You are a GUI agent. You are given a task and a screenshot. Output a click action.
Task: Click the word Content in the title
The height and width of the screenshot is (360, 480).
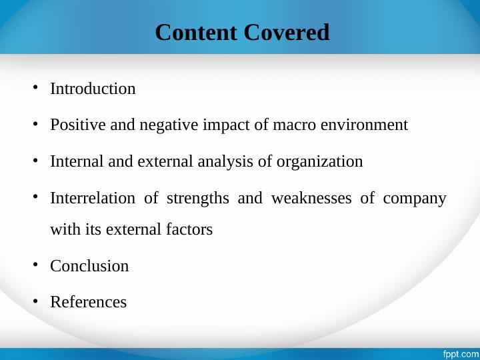196,32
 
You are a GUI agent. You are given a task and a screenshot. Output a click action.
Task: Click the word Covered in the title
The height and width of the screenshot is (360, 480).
287,32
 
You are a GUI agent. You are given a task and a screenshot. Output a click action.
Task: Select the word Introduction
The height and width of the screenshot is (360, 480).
93,89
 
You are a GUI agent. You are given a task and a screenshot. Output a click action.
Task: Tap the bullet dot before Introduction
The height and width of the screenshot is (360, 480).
35,87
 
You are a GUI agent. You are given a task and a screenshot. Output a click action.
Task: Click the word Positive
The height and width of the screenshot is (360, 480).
78,125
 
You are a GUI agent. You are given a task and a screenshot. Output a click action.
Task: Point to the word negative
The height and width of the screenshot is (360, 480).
169,125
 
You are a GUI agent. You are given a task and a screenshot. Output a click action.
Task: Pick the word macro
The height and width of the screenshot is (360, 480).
294,125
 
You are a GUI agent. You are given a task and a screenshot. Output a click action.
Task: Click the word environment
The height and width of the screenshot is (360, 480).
364,125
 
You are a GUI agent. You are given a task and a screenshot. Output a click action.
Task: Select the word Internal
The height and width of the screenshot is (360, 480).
77,161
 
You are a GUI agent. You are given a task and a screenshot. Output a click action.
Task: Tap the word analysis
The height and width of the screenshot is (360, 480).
225,161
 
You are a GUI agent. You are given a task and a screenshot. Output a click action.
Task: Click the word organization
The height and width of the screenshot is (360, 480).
319,162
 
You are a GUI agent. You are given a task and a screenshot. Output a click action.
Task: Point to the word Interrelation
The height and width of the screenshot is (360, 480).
93,198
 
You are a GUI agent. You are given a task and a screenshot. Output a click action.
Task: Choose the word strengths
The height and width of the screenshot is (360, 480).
198,199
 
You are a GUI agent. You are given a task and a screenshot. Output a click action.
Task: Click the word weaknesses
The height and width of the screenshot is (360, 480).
311,198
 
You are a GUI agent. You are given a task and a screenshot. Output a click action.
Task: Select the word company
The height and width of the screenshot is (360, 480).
415,199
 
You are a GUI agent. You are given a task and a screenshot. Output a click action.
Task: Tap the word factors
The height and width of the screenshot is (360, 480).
189,229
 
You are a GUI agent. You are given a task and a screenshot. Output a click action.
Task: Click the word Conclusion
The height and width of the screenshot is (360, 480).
89,266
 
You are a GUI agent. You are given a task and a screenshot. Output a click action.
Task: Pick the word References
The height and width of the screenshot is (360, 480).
89,302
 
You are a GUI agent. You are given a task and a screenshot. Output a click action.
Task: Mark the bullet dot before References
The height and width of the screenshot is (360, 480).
35,301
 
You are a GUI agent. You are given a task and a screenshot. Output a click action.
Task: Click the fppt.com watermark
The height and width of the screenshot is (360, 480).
461,354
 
